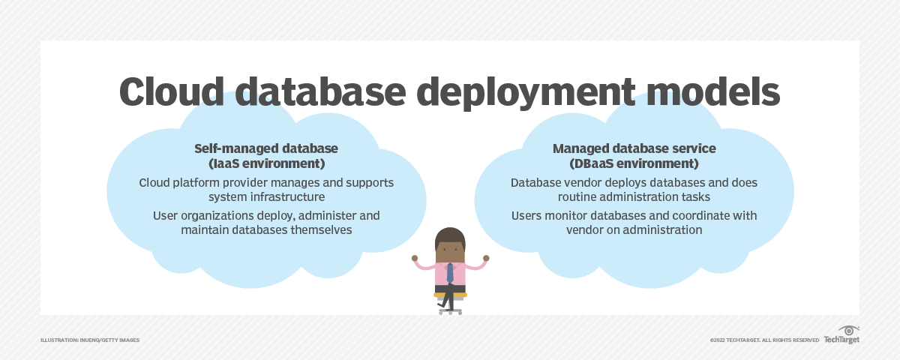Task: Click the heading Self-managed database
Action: pyautogui.click(x=266, y=148)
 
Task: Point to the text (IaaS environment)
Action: pyautogui.click(x=266, y=163)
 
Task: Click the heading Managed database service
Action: pyautogui.click(x=634, y=148)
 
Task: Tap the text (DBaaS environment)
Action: pyautogui.click(x=634, y=163)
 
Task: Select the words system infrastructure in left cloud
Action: pyautogui.click(x=266, y=196)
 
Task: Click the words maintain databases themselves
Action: pyautogui.click(x=266, y=229)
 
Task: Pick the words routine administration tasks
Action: pyautogui.click(x=634, y=196)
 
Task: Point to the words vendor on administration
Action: pyautogui.click(x=634, y=229)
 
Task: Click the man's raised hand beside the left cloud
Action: pyautogui.click(x=415, y=258)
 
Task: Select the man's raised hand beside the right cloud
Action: pyautogui.click(x=486, y=258)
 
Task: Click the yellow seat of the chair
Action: pyautogui.click(x=450, y=295)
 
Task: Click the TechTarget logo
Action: pyautogui.click(x=842, y=335)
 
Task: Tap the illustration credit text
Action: pyautogui.click(x=90, y=340)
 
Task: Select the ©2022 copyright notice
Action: pyautogui.click(x=764, y=340)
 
